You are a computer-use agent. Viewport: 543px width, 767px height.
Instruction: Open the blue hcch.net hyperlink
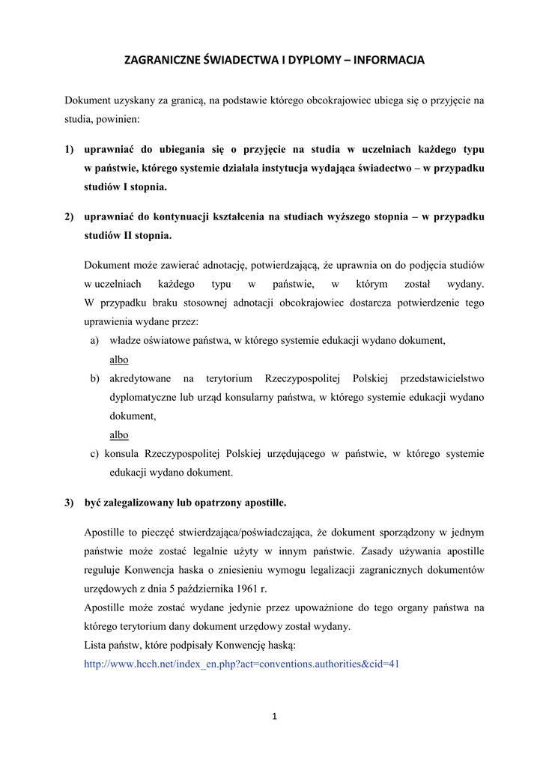pyautogui.click(x=241, y=664)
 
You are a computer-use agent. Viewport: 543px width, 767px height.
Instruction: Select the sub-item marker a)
pyautogui.click(x=94, y=341)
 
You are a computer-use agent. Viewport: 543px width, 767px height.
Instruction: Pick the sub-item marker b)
pyautogui.click(x=95, y=378)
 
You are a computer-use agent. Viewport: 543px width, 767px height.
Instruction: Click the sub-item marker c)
pyautogui.click(x=94, y=453)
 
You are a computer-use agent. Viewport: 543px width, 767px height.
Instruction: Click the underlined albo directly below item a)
pyautogui.click(x=119, y=360)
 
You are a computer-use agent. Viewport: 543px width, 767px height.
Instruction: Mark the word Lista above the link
pyautogui.click(x=97, y=645)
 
